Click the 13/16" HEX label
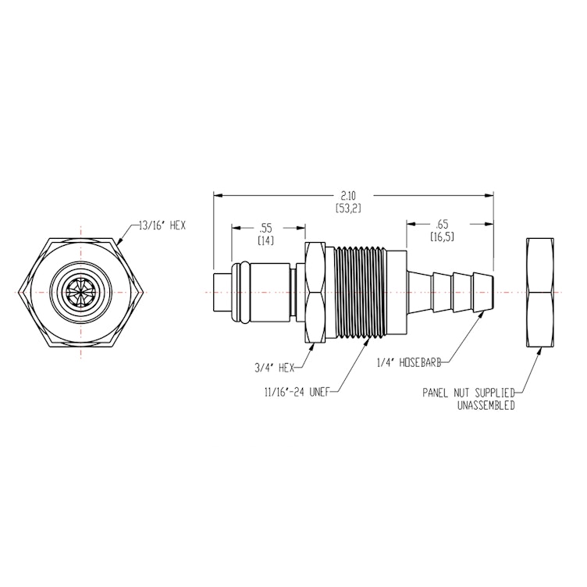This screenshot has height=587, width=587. pyautogui.click(x=162, y=225)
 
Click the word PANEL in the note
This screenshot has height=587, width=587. pyautogui.click(x=437, y=393)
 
